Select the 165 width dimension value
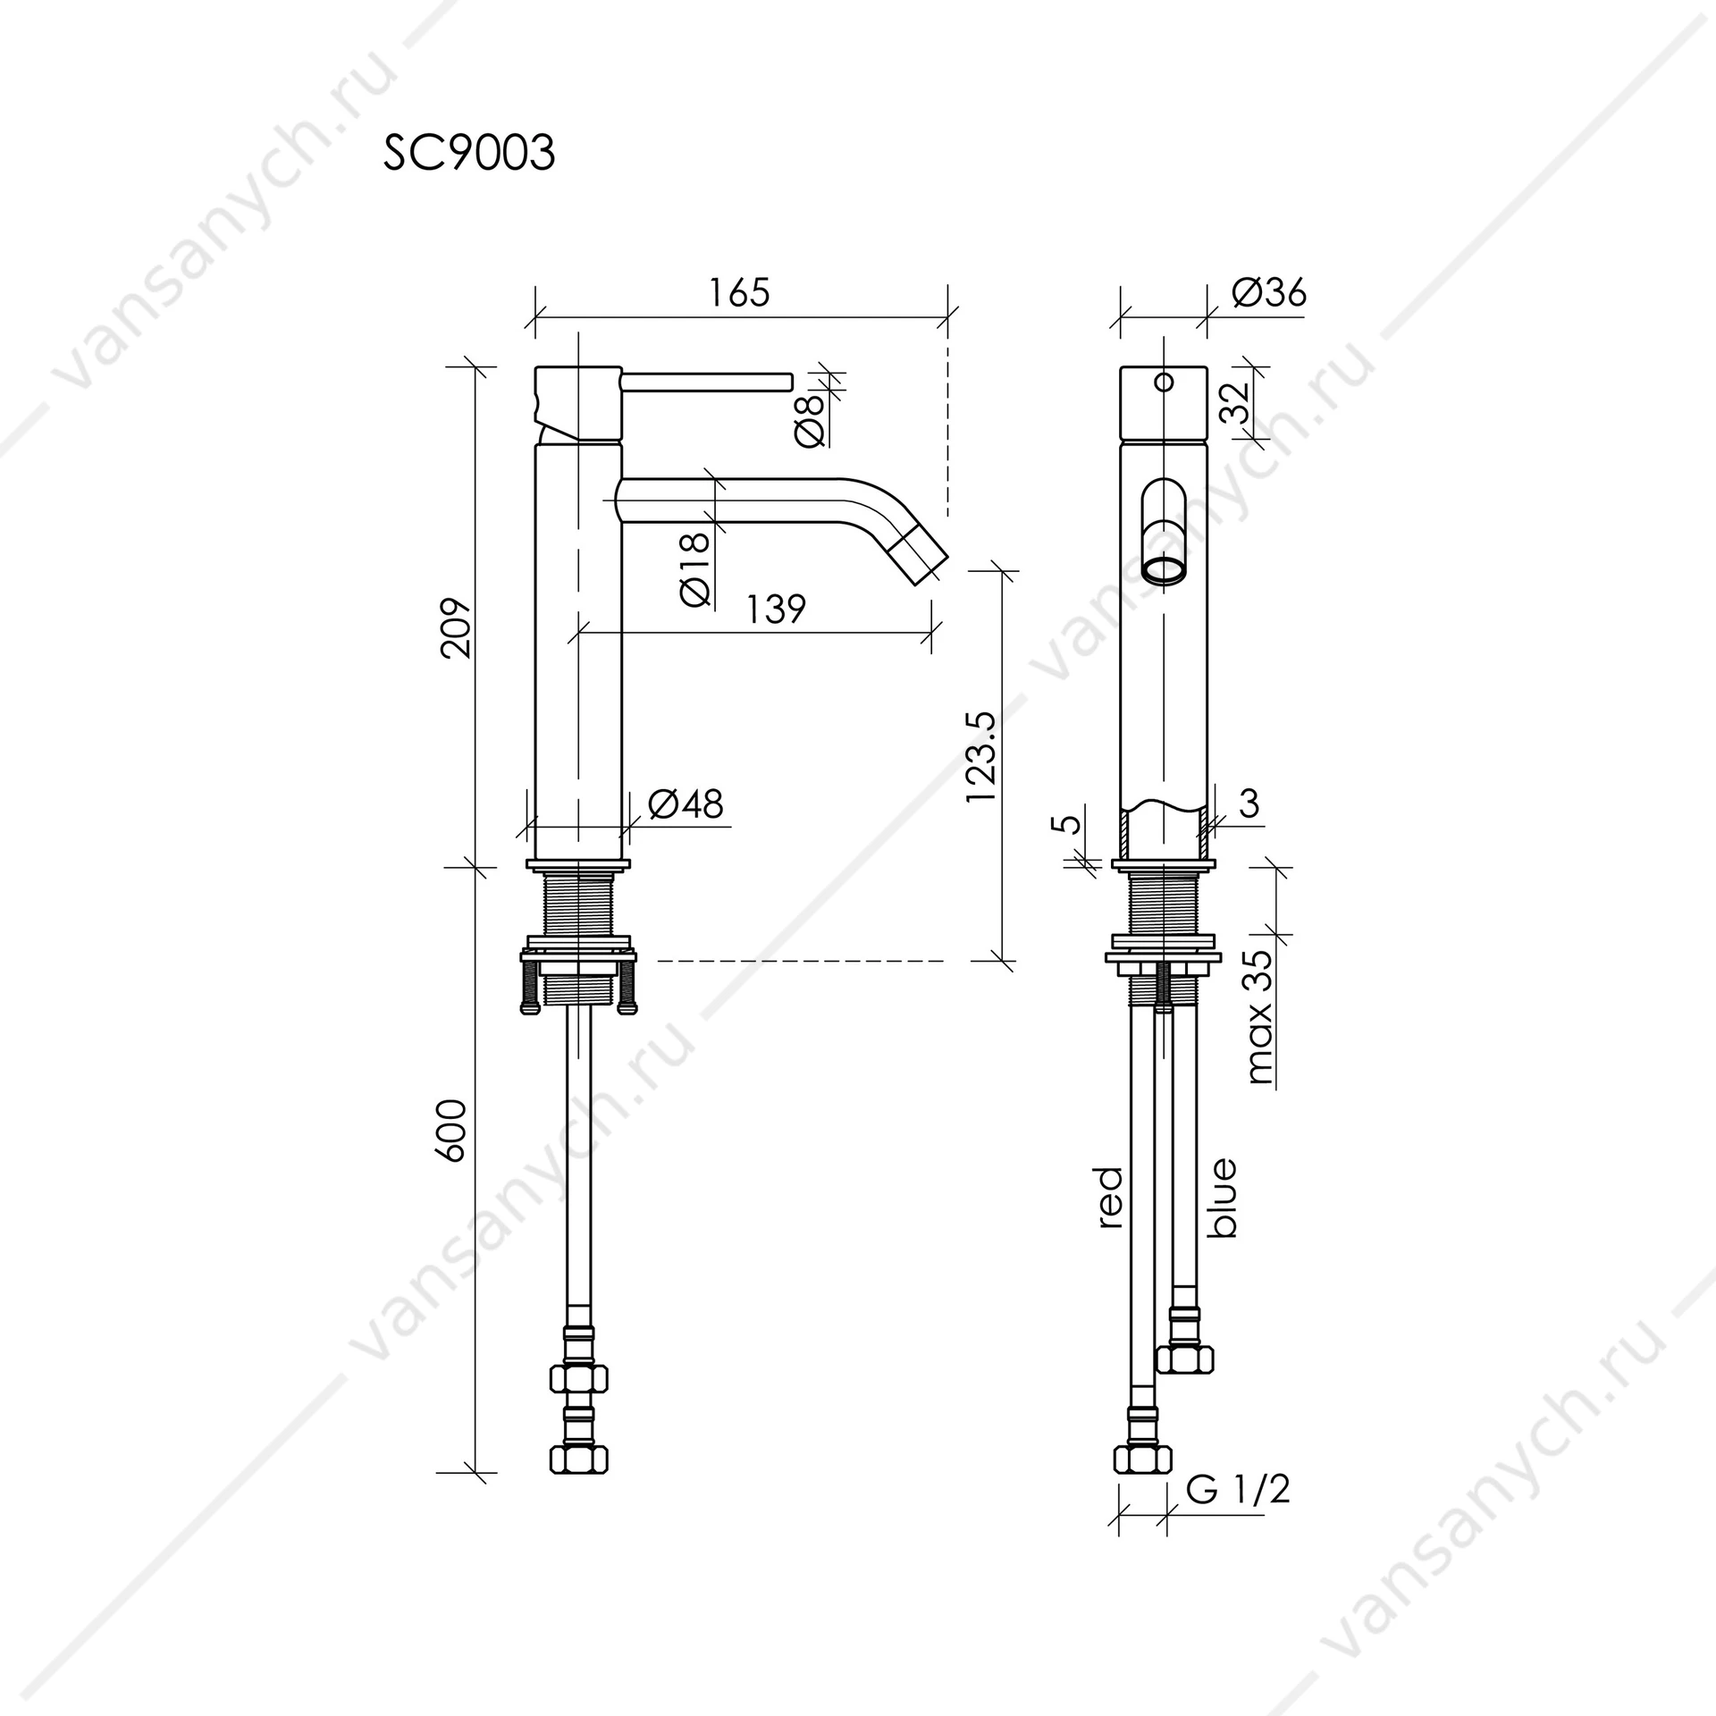(x=738, y=293)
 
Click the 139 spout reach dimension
(x=776, y=609)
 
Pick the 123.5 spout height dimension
(x=980, y=756)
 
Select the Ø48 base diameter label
(x=686, y=803)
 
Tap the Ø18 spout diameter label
(x=695, y=568)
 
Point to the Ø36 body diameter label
(x=1268, y=292)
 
